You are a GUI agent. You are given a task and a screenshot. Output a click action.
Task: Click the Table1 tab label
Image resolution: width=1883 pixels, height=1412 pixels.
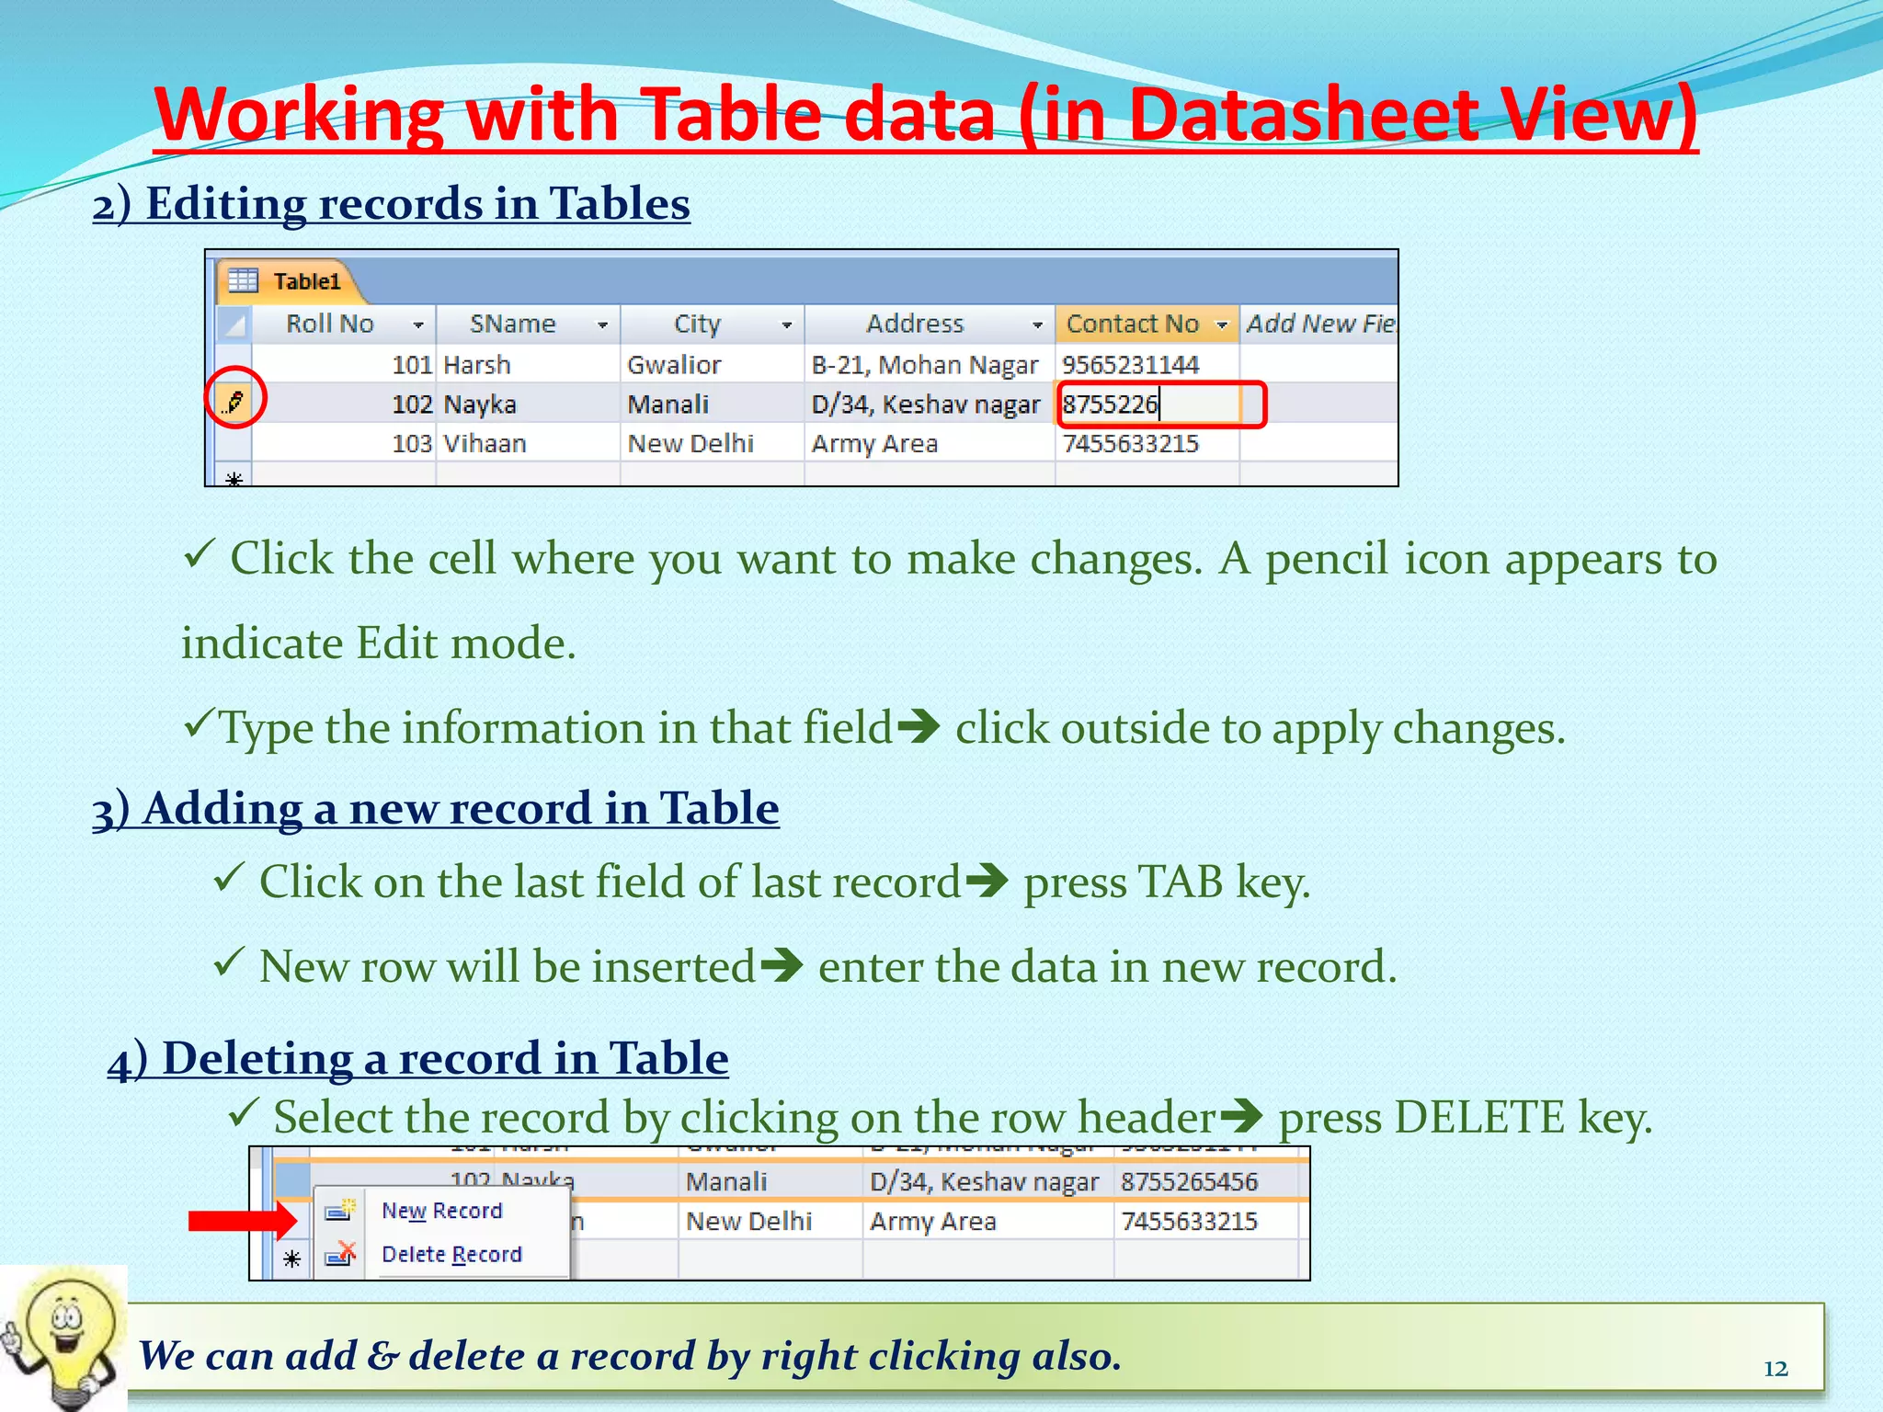coord(306,281)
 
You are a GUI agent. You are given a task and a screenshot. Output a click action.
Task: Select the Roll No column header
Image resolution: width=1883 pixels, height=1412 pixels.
coord(330,324)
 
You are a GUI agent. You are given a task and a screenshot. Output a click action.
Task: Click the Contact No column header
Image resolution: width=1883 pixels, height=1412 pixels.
coord(1133,324)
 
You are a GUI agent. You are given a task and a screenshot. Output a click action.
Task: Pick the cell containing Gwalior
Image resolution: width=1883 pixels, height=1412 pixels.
coord(674,365)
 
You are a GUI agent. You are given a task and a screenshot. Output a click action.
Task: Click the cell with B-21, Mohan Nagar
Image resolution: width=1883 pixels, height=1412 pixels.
coord(925,365)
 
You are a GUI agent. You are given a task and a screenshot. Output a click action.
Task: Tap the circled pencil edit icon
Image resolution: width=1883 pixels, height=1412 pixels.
coord(235,401)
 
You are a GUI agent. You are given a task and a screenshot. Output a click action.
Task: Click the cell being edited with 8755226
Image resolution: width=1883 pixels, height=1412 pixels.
coord(1149,404)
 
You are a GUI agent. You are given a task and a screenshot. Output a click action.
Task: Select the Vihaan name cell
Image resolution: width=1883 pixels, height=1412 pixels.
coord(485,444)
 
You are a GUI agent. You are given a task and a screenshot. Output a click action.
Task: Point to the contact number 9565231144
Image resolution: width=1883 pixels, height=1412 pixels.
coord(1131,365)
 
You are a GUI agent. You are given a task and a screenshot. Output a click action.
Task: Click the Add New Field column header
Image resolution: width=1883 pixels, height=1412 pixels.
coord(1319,324)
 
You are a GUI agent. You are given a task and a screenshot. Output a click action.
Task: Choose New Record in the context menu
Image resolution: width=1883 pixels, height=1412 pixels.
coord(441,1211)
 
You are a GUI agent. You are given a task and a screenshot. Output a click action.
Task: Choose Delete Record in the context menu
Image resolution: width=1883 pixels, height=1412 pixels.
coord(451,1255)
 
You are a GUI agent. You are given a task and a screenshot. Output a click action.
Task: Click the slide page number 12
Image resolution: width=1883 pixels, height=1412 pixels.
coord(1775,1369)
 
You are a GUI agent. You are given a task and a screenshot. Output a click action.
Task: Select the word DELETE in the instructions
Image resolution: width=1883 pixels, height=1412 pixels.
coord(1479,1118)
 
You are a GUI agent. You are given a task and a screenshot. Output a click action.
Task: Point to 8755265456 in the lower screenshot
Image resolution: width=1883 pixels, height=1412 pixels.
coord(1189,1182)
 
